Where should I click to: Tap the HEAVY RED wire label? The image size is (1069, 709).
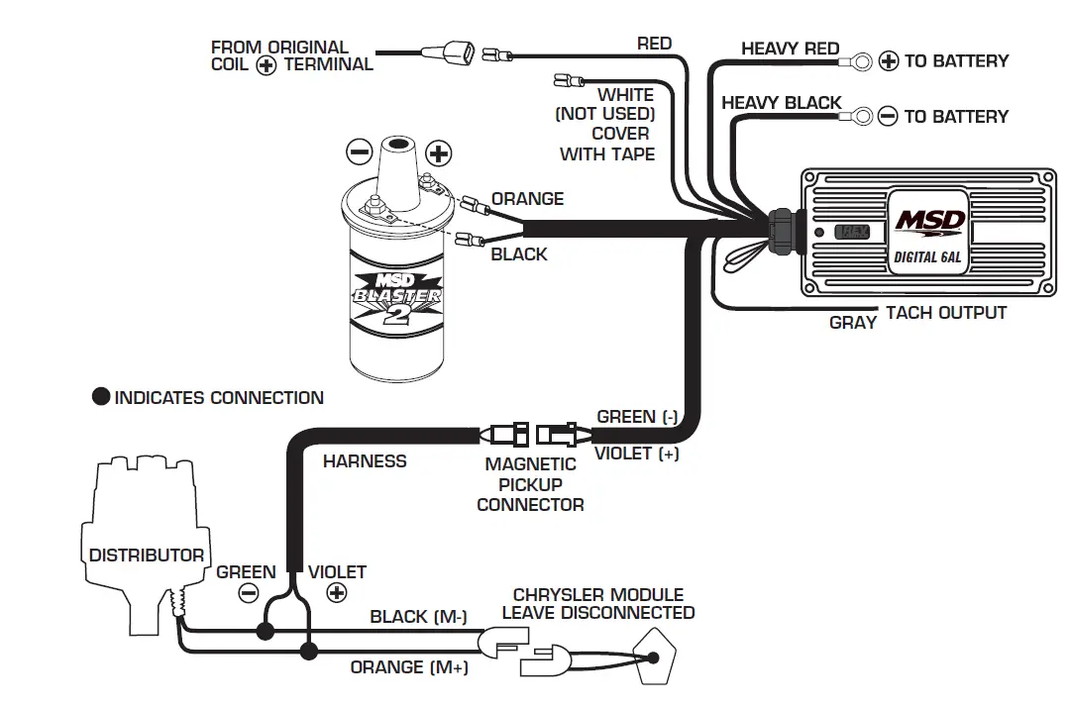pos(790,49)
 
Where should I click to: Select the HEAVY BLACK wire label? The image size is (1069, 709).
pos(781,103)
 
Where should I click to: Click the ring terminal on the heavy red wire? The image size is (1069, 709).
pos(860,61)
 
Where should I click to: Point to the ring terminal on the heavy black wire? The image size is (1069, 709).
pos(861,117)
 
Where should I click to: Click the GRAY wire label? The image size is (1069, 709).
pos(852,322)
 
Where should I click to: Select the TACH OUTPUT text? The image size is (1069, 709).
pos(945,313)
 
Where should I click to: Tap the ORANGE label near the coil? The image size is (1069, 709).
pos(527,199)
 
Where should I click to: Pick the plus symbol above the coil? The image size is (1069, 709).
pos(438,152)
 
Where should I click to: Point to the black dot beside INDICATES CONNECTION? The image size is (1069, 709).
pos(101,398)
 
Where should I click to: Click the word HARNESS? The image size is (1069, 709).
pos(365,460)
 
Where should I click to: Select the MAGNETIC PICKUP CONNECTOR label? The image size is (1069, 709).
pos(530,484)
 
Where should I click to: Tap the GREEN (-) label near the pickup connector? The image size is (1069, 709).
pos(636,417)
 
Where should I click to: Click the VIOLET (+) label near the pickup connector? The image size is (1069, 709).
pos(636,454)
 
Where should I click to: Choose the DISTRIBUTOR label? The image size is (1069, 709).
pos(147,556)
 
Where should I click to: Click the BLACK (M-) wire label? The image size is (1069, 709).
pos(418,617)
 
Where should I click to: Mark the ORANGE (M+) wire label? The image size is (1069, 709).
pos(409,667)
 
